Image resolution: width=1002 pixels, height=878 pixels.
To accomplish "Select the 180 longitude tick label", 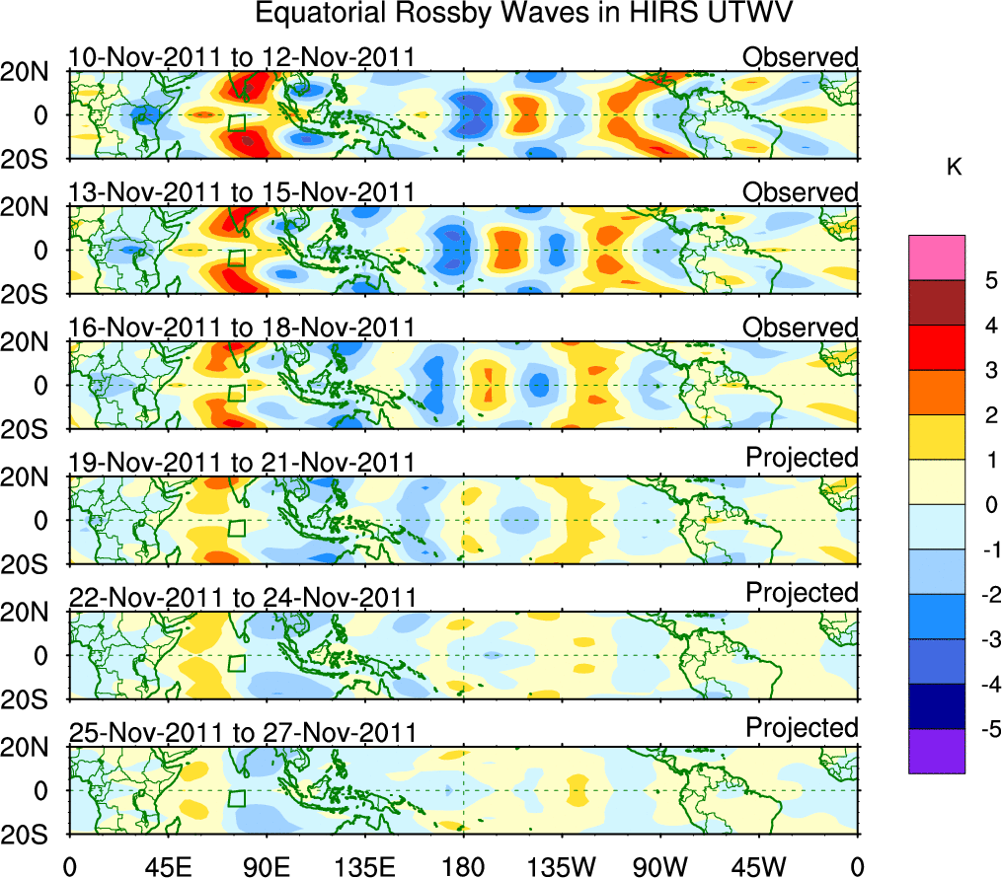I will (463, 866).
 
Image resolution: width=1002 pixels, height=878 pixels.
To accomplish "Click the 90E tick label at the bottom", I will (266, 866).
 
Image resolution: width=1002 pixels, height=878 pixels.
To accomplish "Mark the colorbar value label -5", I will (983, 729).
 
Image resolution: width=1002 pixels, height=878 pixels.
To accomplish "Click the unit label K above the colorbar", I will (954, 168).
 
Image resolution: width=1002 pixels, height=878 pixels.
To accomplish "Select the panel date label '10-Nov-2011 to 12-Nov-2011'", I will (241, 57).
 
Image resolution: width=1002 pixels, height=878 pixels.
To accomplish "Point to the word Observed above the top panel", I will (800, 57).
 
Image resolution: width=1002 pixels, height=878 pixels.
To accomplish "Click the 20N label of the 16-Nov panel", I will (36, 342).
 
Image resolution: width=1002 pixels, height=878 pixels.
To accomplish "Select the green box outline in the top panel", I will (236, 123).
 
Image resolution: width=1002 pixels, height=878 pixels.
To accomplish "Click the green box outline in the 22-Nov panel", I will (236, 663).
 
